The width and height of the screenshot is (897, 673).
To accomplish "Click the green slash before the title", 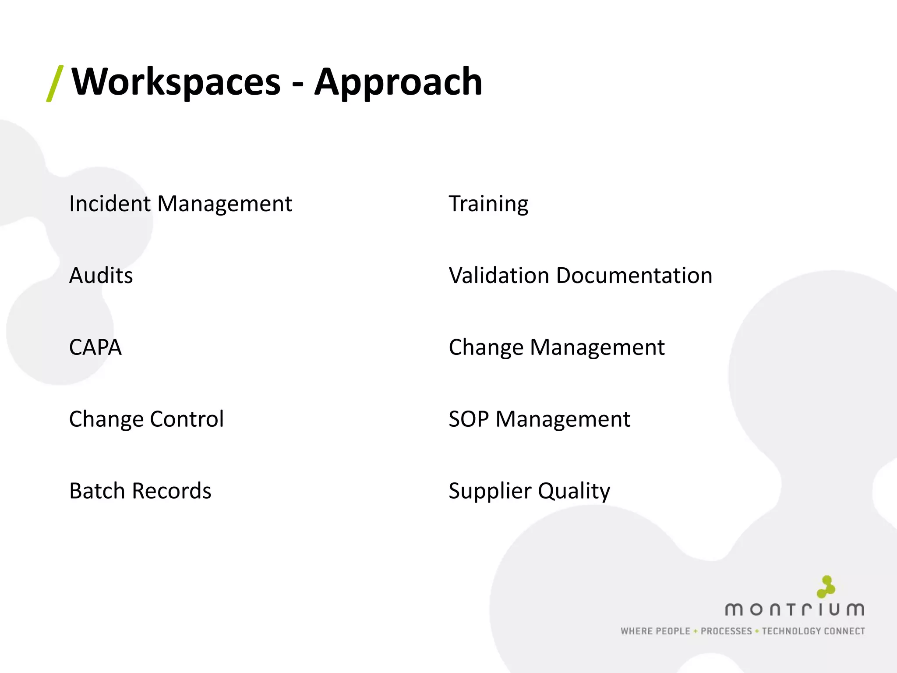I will (55, 83).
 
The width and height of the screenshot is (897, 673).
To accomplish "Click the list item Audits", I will (101, 276).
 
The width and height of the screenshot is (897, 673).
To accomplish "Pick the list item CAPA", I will (95, 347).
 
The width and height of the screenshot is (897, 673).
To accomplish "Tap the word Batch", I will (97, 491).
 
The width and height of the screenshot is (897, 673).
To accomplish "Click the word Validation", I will (499, 276).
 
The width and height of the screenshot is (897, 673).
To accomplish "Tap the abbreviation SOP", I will (469, 419).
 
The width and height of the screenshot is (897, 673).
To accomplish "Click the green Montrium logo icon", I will (826, 587).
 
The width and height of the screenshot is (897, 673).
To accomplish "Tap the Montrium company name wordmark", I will (795, 609).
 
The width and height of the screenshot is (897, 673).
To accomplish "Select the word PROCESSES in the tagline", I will (726, 631).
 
